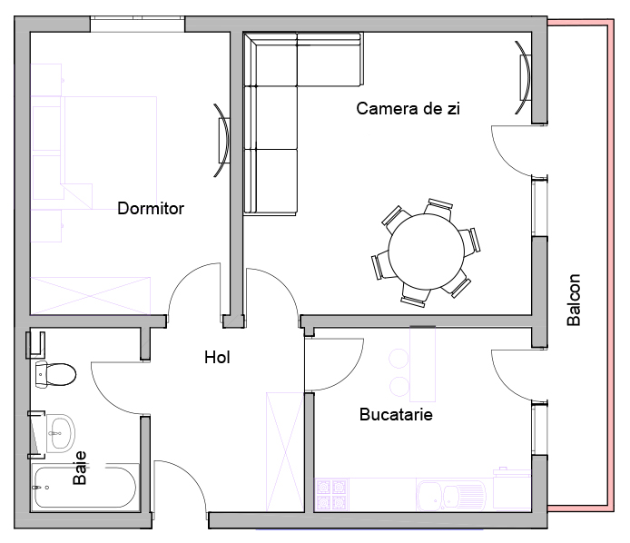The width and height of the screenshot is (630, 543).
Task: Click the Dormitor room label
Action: [151, 208]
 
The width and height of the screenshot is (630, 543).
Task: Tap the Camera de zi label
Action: [408, 109]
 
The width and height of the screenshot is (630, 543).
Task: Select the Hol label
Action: [217, 358]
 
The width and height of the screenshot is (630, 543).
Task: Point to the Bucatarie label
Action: [396, 414]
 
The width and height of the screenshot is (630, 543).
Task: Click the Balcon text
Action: [574, 300]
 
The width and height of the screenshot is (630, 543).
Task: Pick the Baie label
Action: [80, 468]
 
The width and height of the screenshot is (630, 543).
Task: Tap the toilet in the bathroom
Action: [55, 374]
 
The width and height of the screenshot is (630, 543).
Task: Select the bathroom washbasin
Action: [61, 433]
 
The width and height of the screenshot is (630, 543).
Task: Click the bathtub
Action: [84, 487]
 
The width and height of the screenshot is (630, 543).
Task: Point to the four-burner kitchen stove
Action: [331, 495]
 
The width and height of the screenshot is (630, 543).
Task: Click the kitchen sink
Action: [451, 495]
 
